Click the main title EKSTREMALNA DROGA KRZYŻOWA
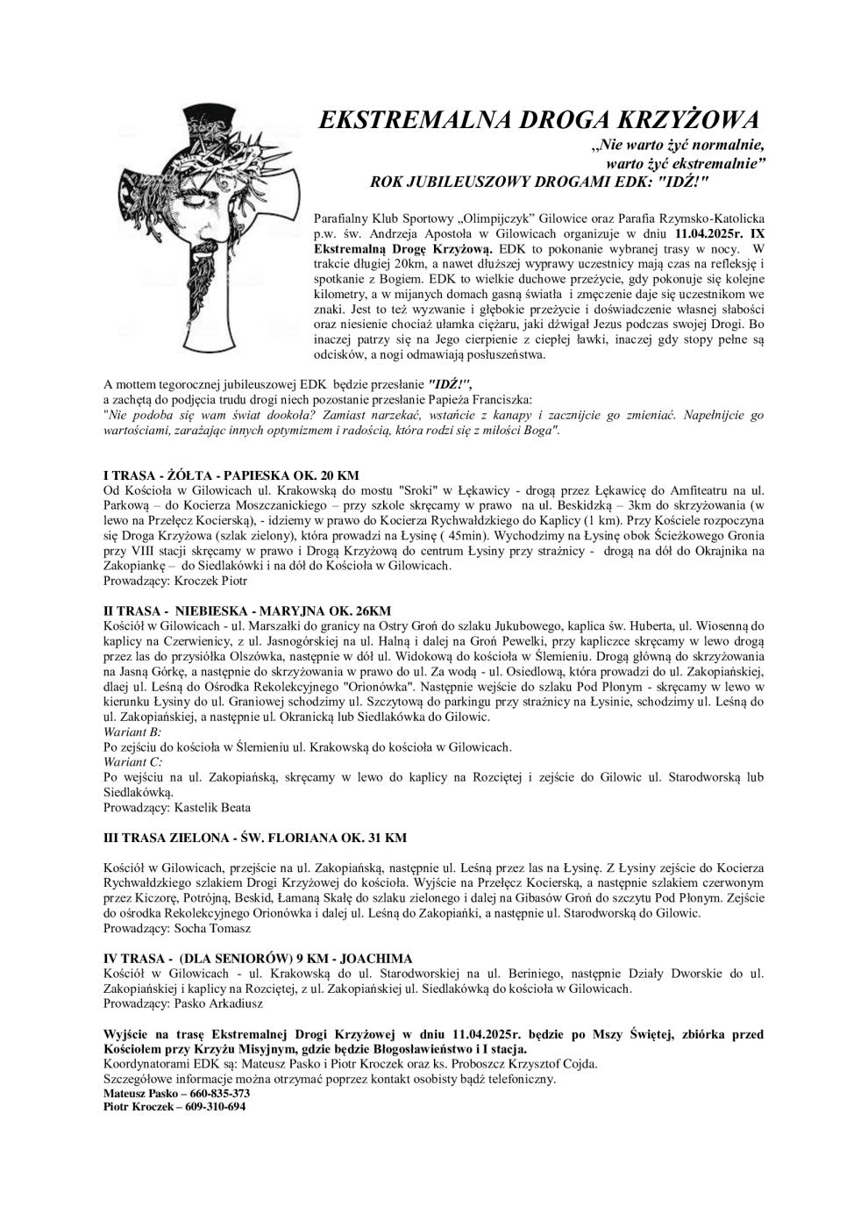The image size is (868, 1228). point(537,120)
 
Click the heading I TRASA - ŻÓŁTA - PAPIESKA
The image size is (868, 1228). point(231,475)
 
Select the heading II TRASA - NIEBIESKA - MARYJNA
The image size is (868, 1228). point(247,610)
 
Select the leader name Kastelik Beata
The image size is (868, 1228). point(213,807)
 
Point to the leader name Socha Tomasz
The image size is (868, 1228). point(213,928)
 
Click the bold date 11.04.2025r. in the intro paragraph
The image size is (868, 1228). point(712,234)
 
